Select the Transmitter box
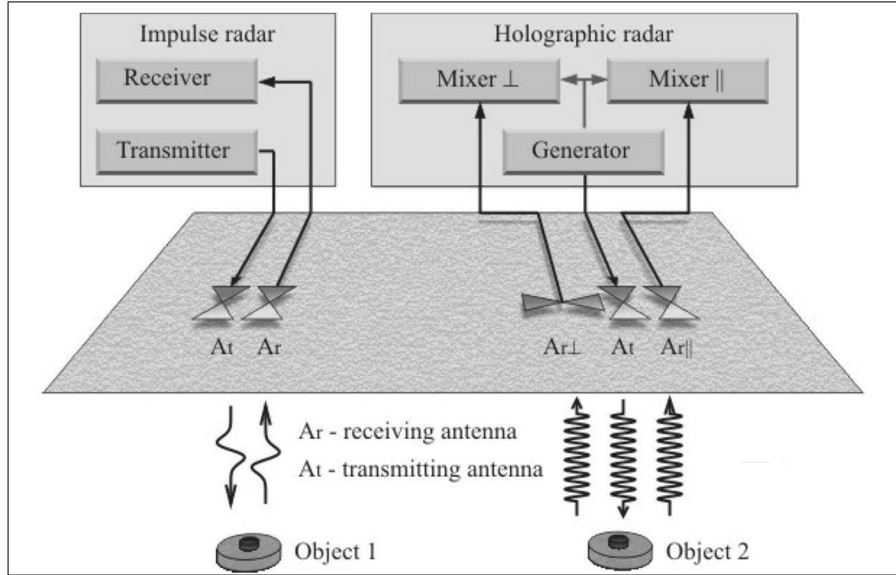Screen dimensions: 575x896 [x=176, y=151]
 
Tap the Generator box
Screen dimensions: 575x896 [x=583, y=151]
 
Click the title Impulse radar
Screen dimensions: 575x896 [x=207, y=34]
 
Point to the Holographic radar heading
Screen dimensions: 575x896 [x=583, y=34]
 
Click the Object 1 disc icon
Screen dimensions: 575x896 [x=249, y=552]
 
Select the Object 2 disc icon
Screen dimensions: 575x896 [x=620, y=550]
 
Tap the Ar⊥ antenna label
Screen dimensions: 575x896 [x=562, y=347]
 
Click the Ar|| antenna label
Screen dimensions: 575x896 [x=677, y=347]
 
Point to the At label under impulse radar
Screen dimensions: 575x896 [x=222, y=347]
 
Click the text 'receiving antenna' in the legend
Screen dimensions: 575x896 [x=429, y=431]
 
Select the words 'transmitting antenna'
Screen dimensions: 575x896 [x=442, y=469]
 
